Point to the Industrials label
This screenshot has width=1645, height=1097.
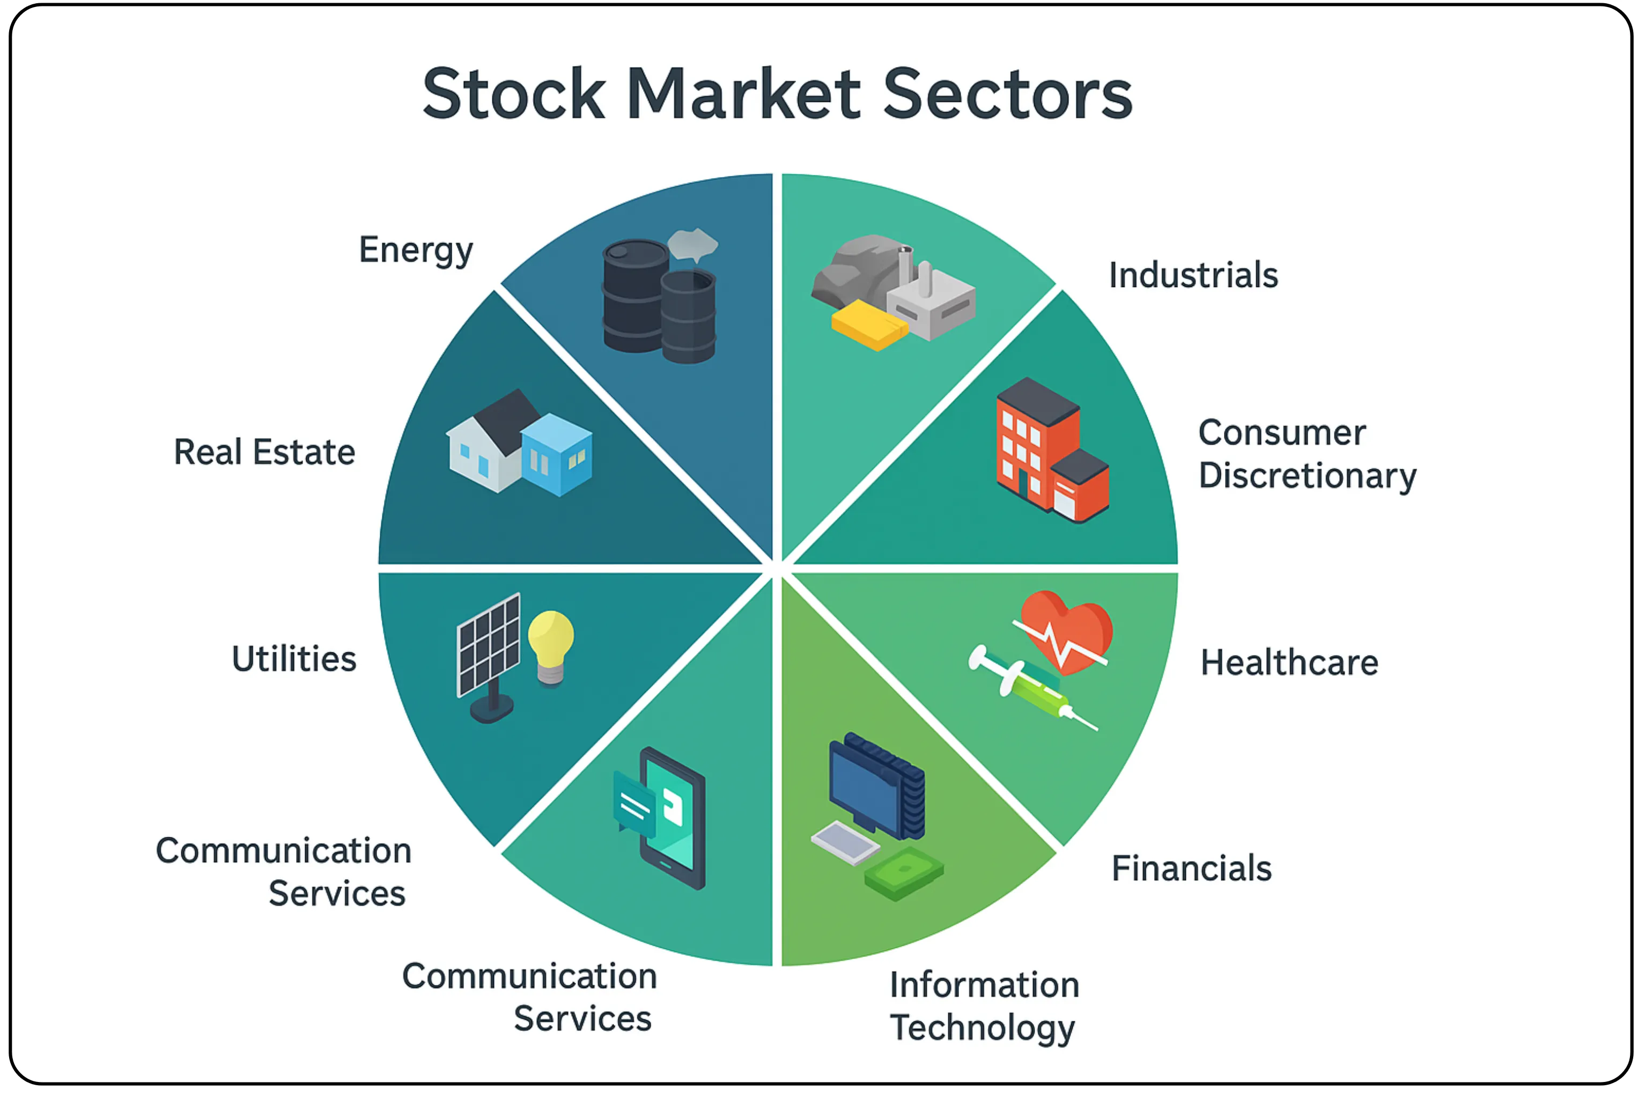pyautogui.click(x=1193, y=275)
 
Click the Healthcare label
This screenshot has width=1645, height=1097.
pyautogui.click(x=1289, y=662)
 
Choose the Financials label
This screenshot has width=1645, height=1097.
pyautogui.click(x=1191, y=868)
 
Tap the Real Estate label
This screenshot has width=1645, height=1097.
pyautogui.click(x=264, y=452)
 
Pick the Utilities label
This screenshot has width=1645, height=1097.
pyautogui.click(x=294, y=659)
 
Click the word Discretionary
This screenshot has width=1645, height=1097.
pyautogui.click(x=1307, y=476)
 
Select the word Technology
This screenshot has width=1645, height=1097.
pyautogui.click(x=982, y=1028)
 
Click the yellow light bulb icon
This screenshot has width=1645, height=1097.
pyautogui.click(x=550, y=647)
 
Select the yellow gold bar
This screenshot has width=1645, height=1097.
pyautogui.click(x=869, y=325)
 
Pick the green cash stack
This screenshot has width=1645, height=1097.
pyautogui.click(x=904, y=873)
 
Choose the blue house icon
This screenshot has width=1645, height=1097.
pyautogui.click(x=557, y=455)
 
